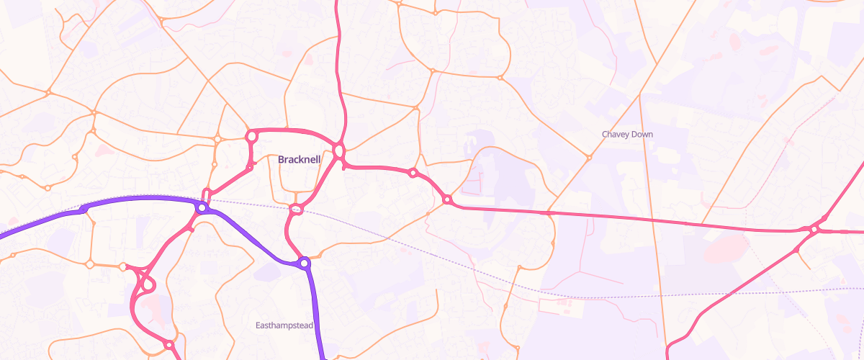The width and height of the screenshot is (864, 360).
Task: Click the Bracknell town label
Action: (x=299, y=159)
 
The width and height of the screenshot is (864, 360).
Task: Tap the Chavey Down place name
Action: (x=627, y=135)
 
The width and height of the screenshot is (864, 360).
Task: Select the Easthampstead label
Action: (x=284, y=325)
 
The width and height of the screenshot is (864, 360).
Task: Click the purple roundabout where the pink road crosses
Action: (x=202, y=208)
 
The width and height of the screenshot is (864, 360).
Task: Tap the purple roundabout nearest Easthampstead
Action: (x=305, y=264)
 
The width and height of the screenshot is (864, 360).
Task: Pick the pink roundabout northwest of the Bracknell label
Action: (x=251, y=135)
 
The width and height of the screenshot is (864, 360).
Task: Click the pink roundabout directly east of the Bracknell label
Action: (x=339, y=151)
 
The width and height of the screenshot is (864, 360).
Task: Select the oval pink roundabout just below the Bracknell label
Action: (x=295, y=210)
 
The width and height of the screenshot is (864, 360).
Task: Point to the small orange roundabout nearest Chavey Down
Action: (x=588, y=157)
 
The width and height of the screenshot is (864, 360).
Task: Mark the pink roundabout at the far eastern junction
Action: (x=814, y=230)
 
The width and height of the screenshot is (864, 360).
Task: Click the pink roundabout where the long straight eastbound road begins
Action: (x=446, y=199)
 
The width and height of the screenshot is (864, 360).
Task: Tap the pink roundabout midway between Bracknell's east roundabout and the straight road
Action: (x=413, y=173)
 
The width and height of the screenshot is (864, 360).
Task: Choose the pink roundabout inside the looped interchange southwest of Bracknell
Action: (x=148, y=285)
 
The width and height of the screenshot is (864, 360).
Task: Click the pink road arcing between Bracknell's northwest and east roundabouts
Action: (x=295, y=131)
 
